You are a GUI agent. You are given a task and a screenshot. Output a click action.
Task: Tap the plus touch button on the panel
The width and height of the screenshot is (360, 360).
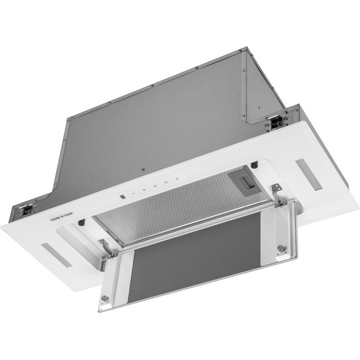pos(145,190)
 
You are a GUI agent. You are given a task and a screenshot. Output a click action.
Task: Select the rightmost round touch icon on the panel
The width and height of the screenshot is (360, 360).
pos(176,181)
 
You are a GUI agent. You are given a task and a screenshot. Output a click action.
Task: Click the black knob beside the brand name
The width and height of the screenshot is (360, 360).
pos(82,222)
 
